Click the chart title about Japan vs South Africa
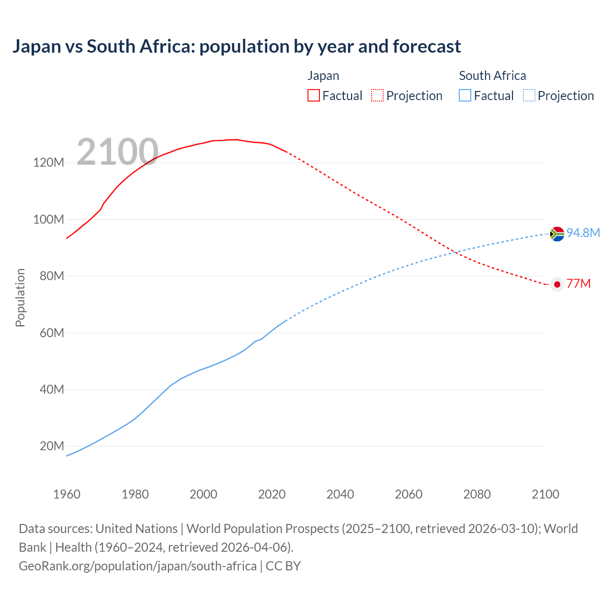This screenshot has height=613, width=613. (x=237, y=46)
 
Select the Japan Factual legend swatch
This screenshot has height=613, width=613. (x=314, y=96)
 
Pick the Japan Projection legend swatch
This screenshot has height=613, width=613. (x=377, y=96)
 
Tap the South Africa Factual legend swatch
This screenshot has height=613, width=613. (x=465, y=96)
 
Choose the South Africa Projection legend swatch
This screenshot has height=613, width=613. (x=529, y=96)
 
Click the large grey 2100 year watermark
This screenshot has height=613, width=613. (x=117, y=152)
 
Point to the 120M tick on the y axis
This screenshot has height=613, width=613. (x=48, y=163)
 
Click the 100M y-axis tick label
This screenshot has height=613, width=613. (x=48, y=219)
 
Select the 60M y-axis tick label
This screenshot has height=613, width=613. (x=51, y=333)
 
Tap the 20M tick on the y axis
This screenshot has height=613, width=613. (x=51, y=446)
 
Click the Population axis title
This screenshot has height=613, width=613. (x=20, y=298)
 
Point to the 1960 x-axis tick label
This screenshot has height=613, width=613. (x=67, y=494)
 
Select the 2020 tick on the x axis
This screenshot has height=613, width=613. (x=272, y=494)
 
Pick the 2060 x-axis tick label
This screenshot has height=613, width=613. (x=409, y=494)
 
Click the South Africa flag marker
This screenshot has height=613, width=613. (x=557, y=234)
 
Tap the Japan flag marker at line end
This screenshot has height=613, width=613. (x=557, y=284)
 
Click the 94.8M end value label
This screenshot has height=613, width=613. (x=583, y=233)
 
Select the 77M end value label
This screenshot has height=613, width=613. (x=579, y=284)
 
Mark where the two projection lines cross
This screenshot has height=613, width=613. (x=455, y=252)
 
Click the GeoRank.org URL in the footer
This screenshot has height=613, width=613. (x=137, y=566)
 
